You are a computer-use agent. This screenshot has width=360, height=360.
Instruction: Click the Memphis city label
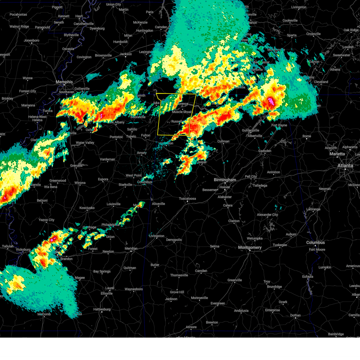pyautogui.click(x=64, y=82)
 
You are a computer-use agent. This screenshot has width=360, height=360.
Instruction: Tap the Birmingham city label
pyautogui.click(x=225, y=180)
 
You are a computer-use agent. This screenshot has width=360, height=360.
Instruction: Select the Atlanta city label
pyautogui.click(x=345, y=166)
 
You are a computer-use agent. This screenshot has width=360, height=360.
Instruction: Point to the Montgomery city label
pyautogui.click(x=250, y=247)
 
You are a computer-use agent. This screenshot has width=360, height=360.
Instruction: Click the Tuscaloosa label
pyautogui.click(x=187, y=199)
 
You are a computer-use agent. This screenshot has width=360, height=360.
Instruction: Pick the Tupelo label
pyautogui.click(x=131, y=136)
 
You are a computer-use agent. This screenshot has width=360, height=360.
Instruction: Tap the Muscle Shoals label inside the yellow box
pyautogui.click(x=181, y=112)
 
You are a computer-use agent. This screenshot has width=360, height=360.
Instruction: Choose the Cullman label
pyautogui.click(x=223, y=141)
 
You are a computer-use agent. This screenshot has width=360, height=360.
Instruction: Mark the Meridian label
pyautogui.click(x=131, y=248)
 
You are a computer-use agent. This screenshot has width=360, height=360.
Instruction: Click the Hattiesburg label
pyautogui.click(x=102, y=309)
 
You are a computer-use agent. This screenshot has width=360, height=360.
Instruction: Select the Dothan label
pyautogui.click(x=295, y=315)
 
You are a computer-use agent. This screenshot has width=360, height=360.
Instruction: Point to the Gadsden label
pyautogui.click(x=265, y=151)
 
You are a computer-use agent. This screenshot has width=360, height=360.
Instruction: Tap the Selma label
pyautogui.click(x=214, y=246)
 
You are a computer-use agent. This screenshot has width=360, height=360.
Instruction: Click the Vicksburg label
pyautogui.click(x=23, y=250)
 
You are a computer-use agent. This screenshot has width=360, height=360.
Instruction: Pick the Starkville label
pyautogui.click(x=125, y=185)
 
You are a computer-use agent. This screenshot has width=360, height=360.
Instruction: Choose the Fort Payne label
pyautogui.click(x=279, y=125)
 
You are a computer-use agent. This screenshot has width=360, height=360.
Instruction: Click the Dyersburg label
pyautogui.click(x=97, y=28)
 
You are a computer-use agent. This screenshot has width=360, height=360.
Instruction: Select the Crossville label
pyautogui.click(x=313, y=34)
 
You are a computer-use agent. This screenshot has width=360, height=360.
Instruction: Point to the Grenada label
pyautogui.click(x=76, y=166)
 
